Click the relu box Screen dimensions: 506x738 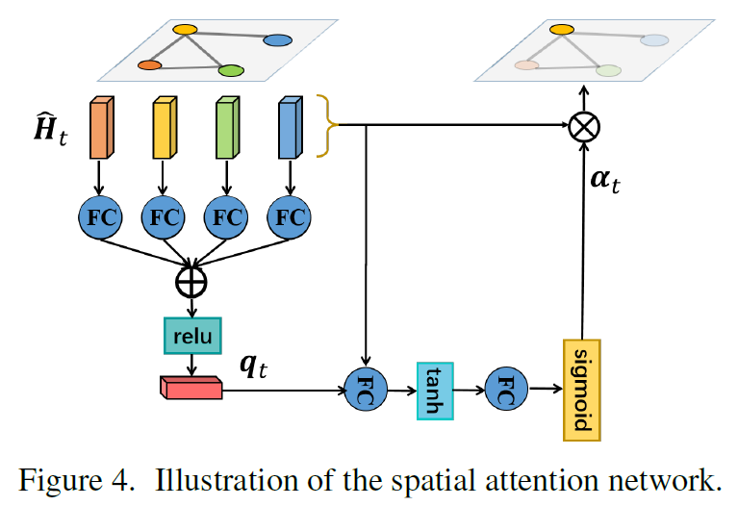[x=192, y=335]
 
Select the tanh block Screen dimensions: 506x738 [x=433, y=391]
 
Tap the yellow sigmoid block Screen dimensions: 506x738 [x=580, y=390]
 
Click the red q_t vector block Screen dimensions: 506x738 [x=191, y=387]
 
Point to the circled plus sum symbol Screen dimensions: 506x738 [x=191, y=281]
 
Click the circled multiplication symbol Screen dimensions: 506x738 [x=583, y=125]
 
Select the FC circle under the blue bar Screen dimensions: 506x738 [x=290, y=217]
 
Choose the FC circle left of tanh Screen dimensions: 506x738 [x=366, y=391]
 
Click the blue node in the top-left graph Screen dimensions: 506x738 [x=277, y=40]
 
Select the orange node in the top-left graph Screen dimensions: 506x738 [x=149, y=65]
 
